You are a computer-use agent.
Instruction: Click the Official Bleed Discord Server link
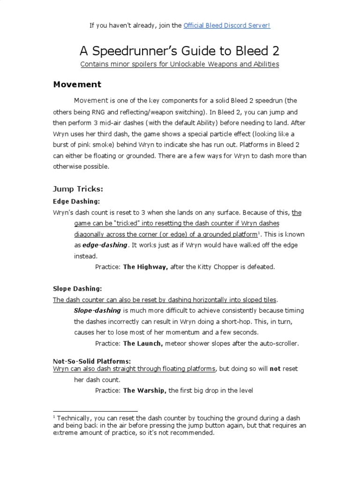click(227, 25)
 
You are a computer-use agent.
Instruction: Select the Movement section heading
click(77, 85)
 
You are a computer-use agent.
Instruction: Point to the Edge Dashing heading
click(76, 201)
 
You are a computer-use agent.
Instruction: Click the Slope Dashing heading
click(77, 288)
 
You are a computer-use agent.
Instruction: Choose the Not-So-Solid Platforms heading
click(91, 360)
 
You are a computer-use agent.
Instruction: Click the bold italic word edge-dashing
click(105, 245)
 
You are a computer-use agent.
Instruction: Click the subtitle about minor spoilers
click(180, 64)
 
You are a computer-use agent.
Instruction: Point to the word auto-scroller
click(278, 343)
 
